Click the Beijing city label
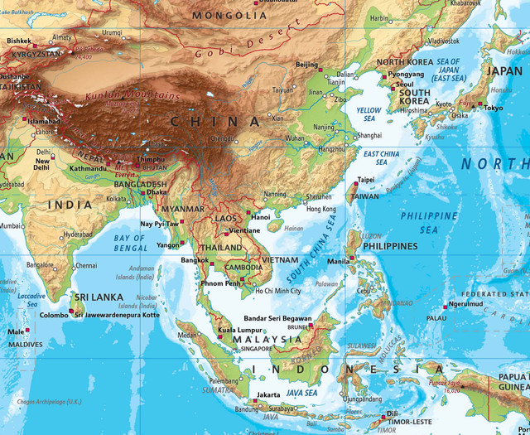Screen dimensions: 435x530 (x=306, y=65)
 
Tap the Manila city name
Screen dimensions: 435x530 (x=339, y=262)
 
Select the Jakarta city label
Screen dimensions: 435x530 (x=268, y=394)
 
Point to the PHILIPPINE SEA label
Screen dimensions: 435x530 (x=429, y=222)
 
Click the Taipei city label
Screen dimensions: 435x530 (x=364, y=180)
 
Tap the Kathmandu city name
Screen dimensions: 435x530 (x=88, y=168)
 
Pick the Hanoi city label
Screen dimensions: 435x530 (x=261, y=216)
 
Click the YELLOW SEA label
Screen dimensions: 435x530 (x=369, y=115)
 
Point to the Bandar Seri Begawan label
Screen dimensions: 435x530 (x=278, y=318)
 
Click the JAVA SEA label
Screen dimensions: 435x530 (x=301, y=392)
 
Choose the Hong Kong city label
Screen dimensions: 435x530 (x=321, y=209)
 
